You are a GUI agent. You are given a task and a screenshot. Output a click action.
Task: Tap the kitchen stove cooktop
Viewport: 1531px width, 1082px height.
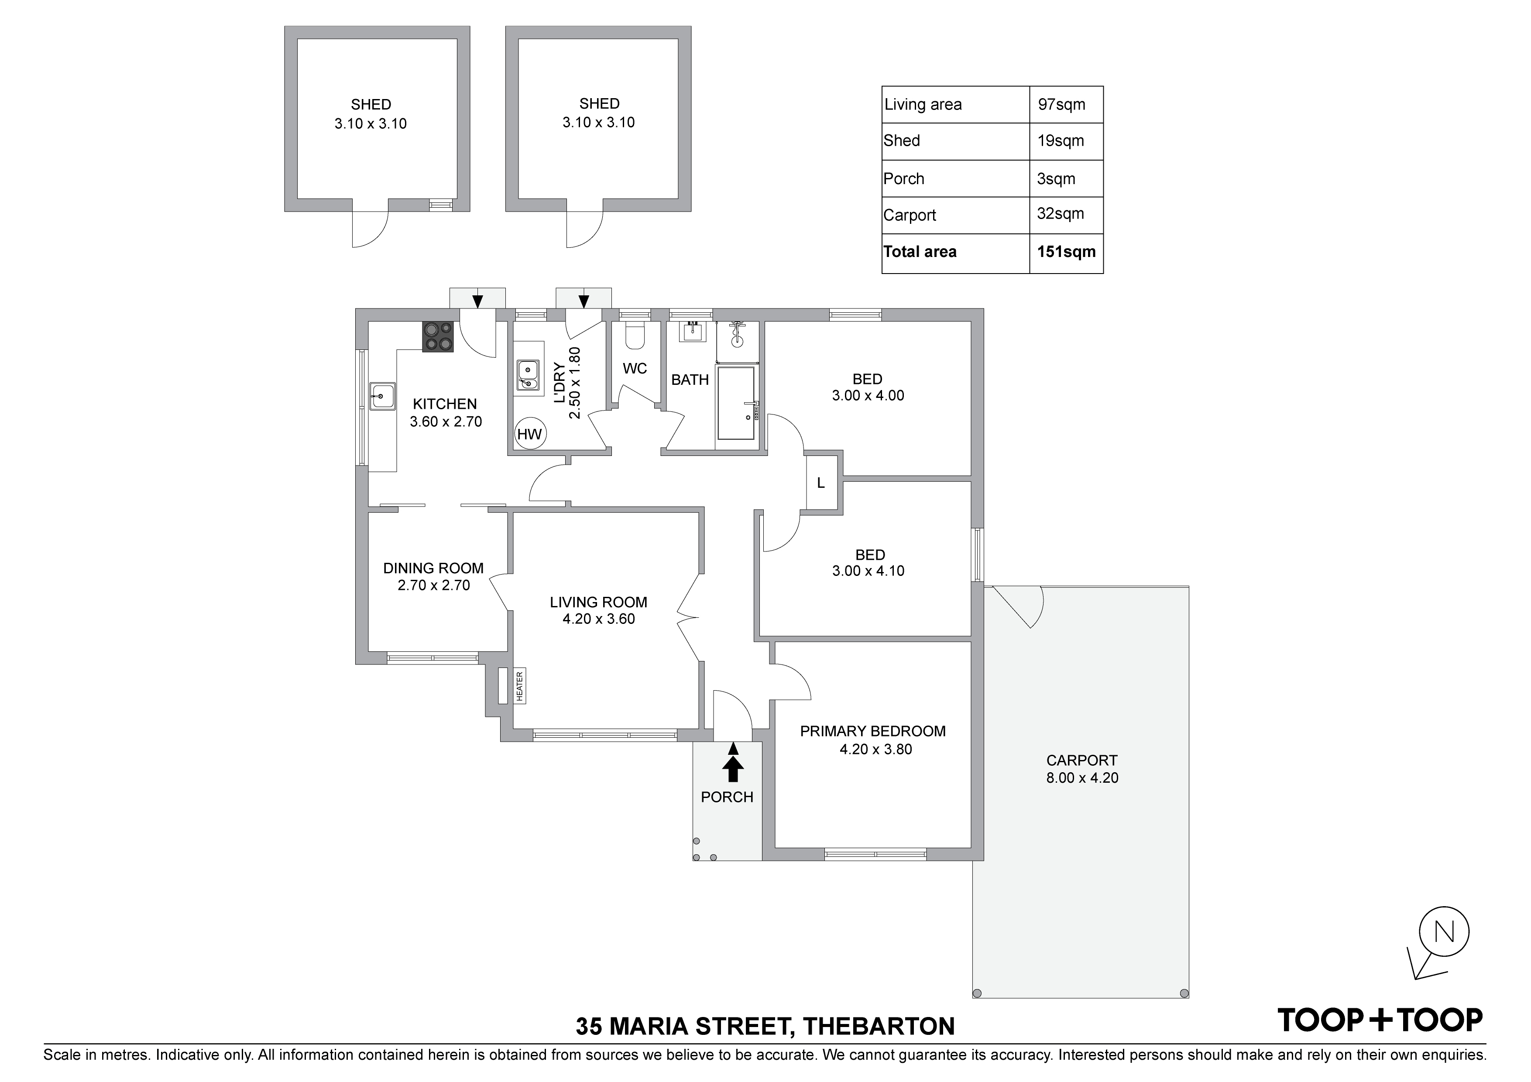coord(438,337)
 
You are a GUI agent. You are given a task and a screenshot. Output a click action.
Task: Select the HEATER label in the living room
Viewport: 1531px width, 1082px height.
coord(519,685)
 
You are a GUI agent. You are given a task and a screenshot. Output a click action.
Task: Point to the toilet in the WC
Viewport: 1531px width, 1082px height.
coord(635,336)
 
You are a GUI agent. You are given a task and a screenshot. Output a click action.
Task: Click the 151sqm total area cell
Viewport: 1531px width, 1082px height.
coord(1066,252)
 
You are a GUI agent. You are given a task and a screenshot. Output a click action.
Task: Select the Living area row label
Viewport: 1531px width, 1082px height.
coord(923,105)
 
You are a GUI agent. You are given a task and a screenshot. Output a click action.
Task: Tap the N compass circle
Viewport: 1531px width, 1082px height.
coord(1444,931)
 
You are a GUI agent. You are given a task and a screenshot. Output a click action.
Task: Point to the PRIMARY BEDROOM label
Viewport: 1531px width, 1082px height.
coord(873,731)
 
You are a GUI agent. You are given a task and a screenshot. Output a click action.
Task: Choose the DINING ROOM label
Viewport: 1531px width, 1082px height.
coord(433,568)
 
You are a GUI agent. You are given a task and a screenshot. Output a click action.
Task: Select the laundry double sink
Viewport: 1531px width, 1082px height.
coord(528,375)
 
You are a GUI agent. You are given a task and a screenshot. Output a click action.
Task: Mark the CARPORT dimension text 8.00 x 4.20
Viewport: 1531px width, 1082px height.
coord(1082,777)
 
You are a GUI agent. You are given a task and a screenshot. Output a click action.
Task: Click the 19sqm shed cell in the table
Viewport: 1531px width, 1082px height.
coord(1061,140)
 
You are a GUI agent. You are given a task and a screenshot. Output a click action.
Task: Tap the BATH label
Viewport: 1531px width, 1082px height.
coord(690,380)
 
